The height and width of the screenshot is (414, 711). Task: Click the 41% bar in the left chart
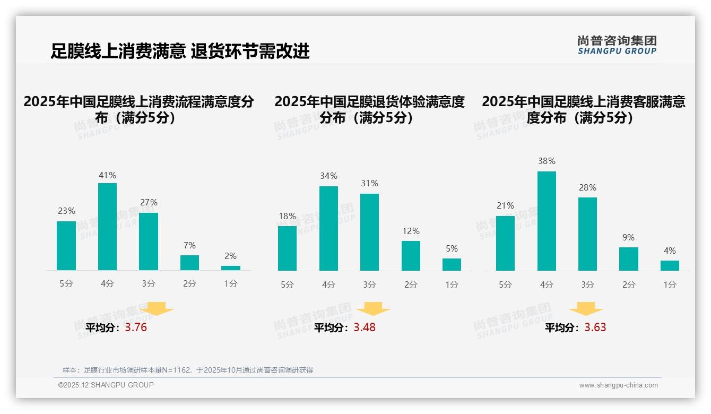click(x=107, y=227)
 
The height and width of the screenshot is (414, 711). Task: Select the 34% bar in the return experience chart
click(x=328, y=228)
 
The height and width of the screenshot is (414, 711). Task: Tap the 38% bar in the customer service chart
click(x=547, y=221)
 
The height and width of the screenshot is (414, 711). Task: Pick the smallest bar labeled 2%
click(x=231, y=268)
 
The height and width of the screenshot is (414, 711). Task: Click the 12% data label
click(x=411, y=231)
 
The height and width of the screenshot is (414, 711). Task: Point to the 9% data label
click(x=628, y=238)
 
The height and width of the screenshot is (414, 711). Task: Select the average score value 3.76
click(x=136, y=327)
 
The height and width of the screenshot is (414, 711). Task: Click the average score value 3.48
click(x=365, y=327)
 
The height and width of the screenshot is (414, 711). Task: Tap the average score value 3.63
click(x=595, y=327)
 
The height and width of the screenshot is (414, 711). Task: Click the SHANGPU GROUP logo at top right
click(x=617, y=45)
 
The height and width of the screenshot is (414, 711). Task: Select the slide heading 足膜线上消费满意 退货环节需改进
click(x=180, y=51)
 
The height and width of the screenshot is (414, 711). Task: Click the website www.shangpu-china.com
click(x=618, y=385)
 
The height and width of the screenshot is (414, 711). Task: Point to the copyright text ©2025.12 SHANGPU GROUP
click(x=106, y=385)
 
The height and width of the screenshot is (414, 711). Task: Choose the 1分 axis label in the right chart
click(x=670, y=285)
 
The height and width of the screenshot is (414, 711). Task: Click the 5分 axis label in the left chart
click(x=66, y=284)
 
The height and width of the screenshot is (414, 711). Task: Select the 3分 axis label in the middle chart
click(x=369, y=285)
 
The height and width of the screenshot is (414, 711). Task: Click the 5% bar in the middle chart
click(x=452, y=264)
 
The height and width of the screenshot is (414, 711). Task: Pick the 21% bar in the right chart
click(x=505, y=243)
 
